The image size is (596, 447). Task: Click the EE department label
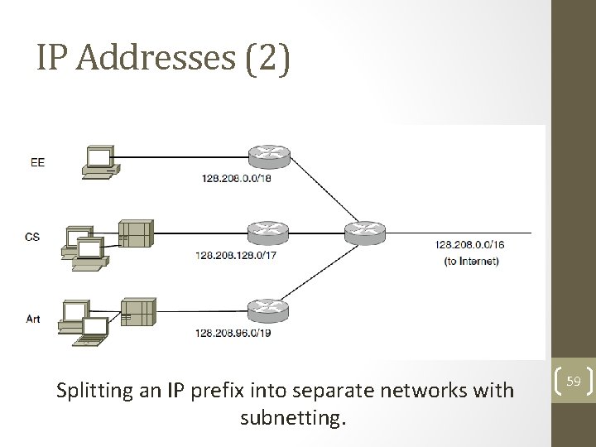(x=37, y=163)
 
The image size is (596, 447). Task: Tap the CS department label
(x=32, y=237)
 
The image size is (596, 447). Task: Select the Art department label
(x=33, y=319)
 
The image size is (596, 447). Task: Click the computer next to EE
(x=99, y=161)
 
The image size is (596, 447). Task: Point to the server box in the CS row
(x=137, y=233)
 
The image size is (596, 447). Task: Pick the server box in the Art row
(x=138, y=311)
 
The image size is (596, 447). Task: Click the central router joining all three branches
(x=366, y=231)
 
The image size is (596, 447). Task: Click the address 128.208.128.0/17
(x=236, y=256)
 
